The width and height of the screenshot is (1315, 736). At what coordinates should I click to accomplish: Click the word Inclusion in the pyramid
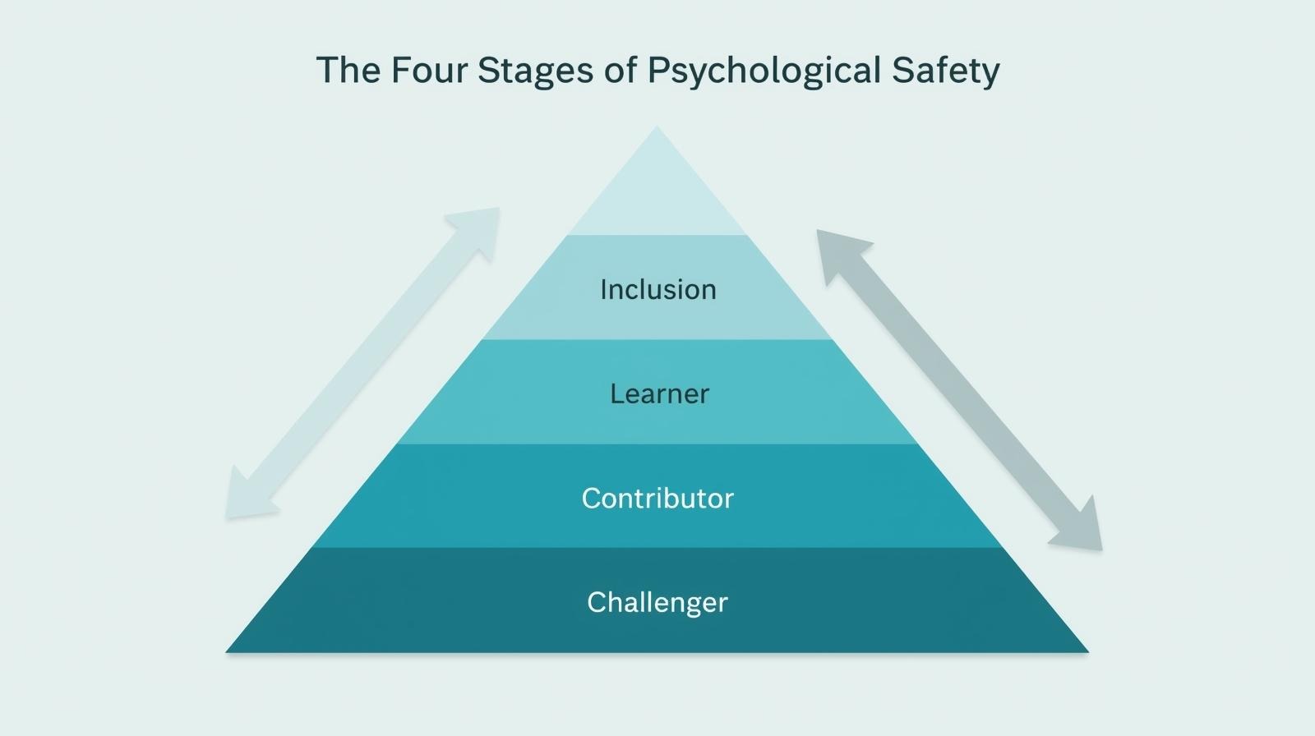coord(657,289)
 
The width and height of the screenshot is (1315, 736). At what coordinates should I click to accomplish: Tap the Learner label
coord(659,393)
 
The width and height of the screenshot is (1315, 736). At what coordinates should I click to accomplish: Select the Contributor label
coord(657,498)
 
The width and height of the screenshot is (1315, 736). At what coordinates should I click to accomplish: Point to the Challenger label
coord(657,602)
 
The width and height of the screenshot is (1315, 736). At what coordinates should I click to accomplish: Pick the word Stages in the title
coord(535,71)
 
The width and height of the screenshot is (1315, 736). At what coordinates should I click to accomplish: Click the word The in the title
coord(348,70)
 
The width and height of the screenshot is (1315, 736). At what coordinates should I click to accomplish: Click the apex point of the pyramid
coord(657,128)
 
